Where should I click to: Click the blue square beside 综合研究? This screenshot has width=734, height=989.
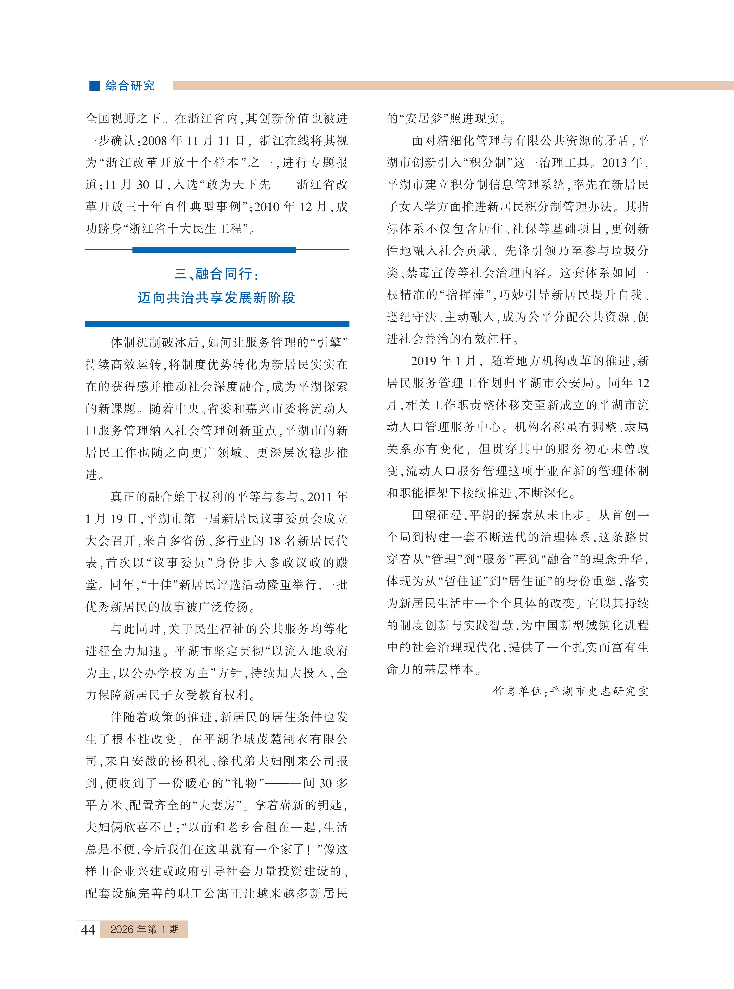pos(94,85)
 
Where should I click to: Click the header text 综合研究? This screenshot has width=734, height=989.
pos(130,85)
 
